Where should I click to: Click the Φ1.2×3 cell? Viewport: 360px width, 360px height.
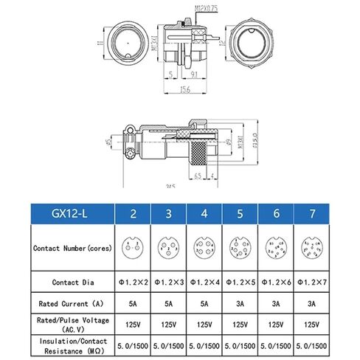[x=169, y=282]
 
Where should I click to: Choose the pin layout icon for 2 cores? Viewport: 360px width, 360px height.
[x=132, y=249]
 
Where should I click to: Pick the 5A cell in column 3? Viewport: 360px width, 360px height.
[x=169, y=303]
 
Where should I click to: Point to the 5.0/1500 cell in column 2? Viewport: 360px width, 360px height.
[x=132, y=345]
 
